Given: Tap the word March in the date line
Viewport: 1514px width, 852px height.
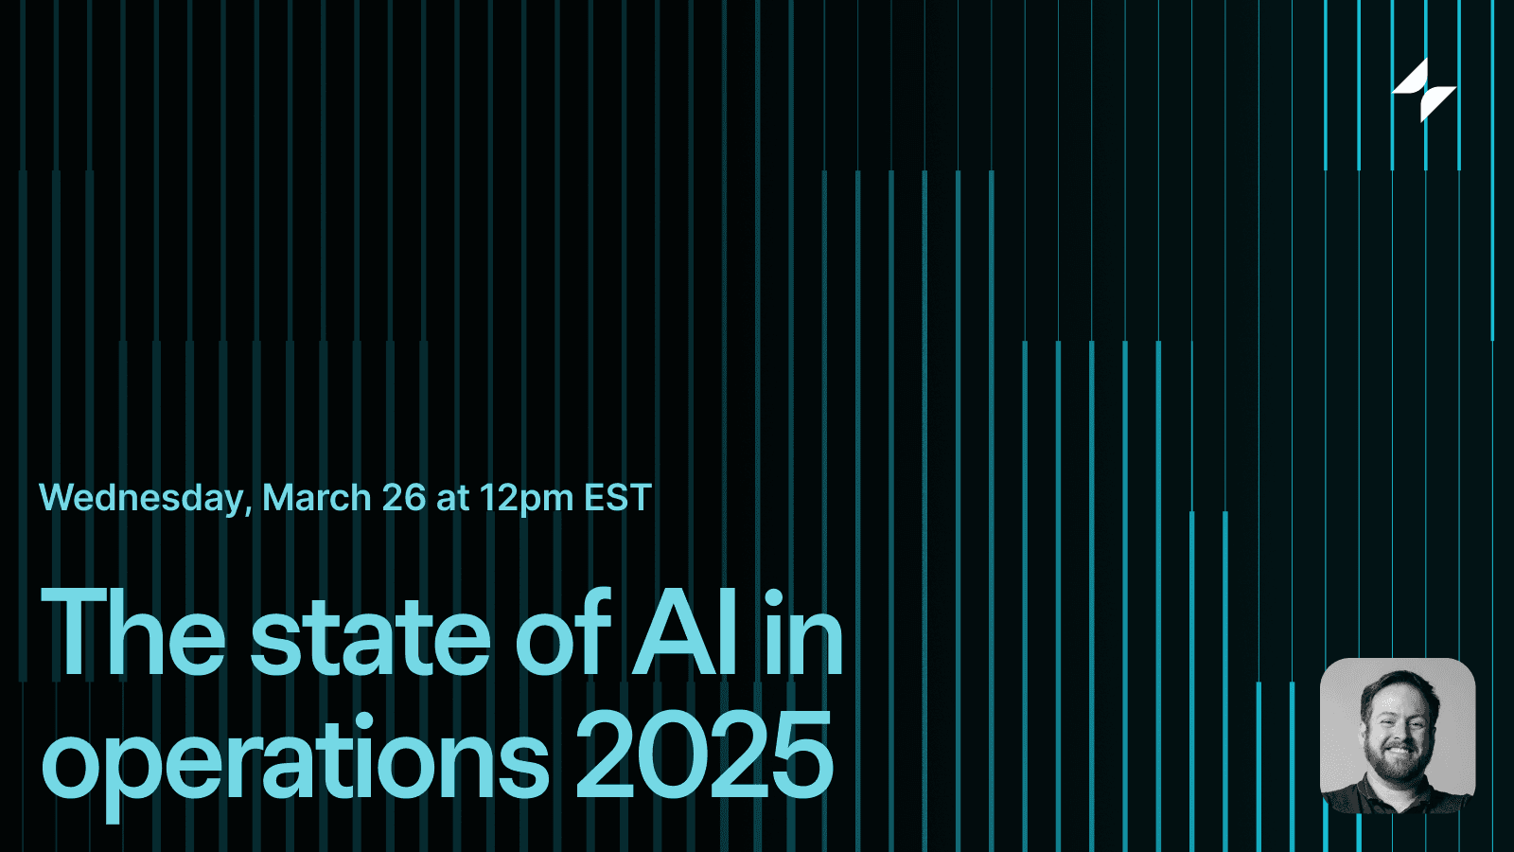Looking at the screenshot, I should [x=316, y=498].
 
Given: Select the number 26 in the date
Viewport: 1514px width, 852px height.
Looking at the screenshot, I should [x=404, y=498].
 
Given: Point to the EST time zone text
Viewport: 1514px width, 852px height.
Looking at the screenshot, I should [x=618, y=498].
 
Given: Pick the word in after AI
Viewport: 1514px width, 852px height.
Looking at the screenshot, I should [x=803, y=634].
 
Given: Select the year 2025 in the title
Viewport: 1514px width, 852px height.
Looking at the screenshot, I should [x=704, y=755].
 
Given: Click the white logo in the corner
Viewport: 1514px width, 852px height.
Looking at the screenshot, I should [x=1424, y=91].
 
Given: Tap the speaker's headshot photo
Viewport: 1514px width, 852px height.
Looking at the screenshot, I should [x=1398, y=736].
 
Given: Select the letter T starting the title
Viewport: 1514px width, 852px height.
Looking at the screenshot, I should [x=76, y=632].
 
